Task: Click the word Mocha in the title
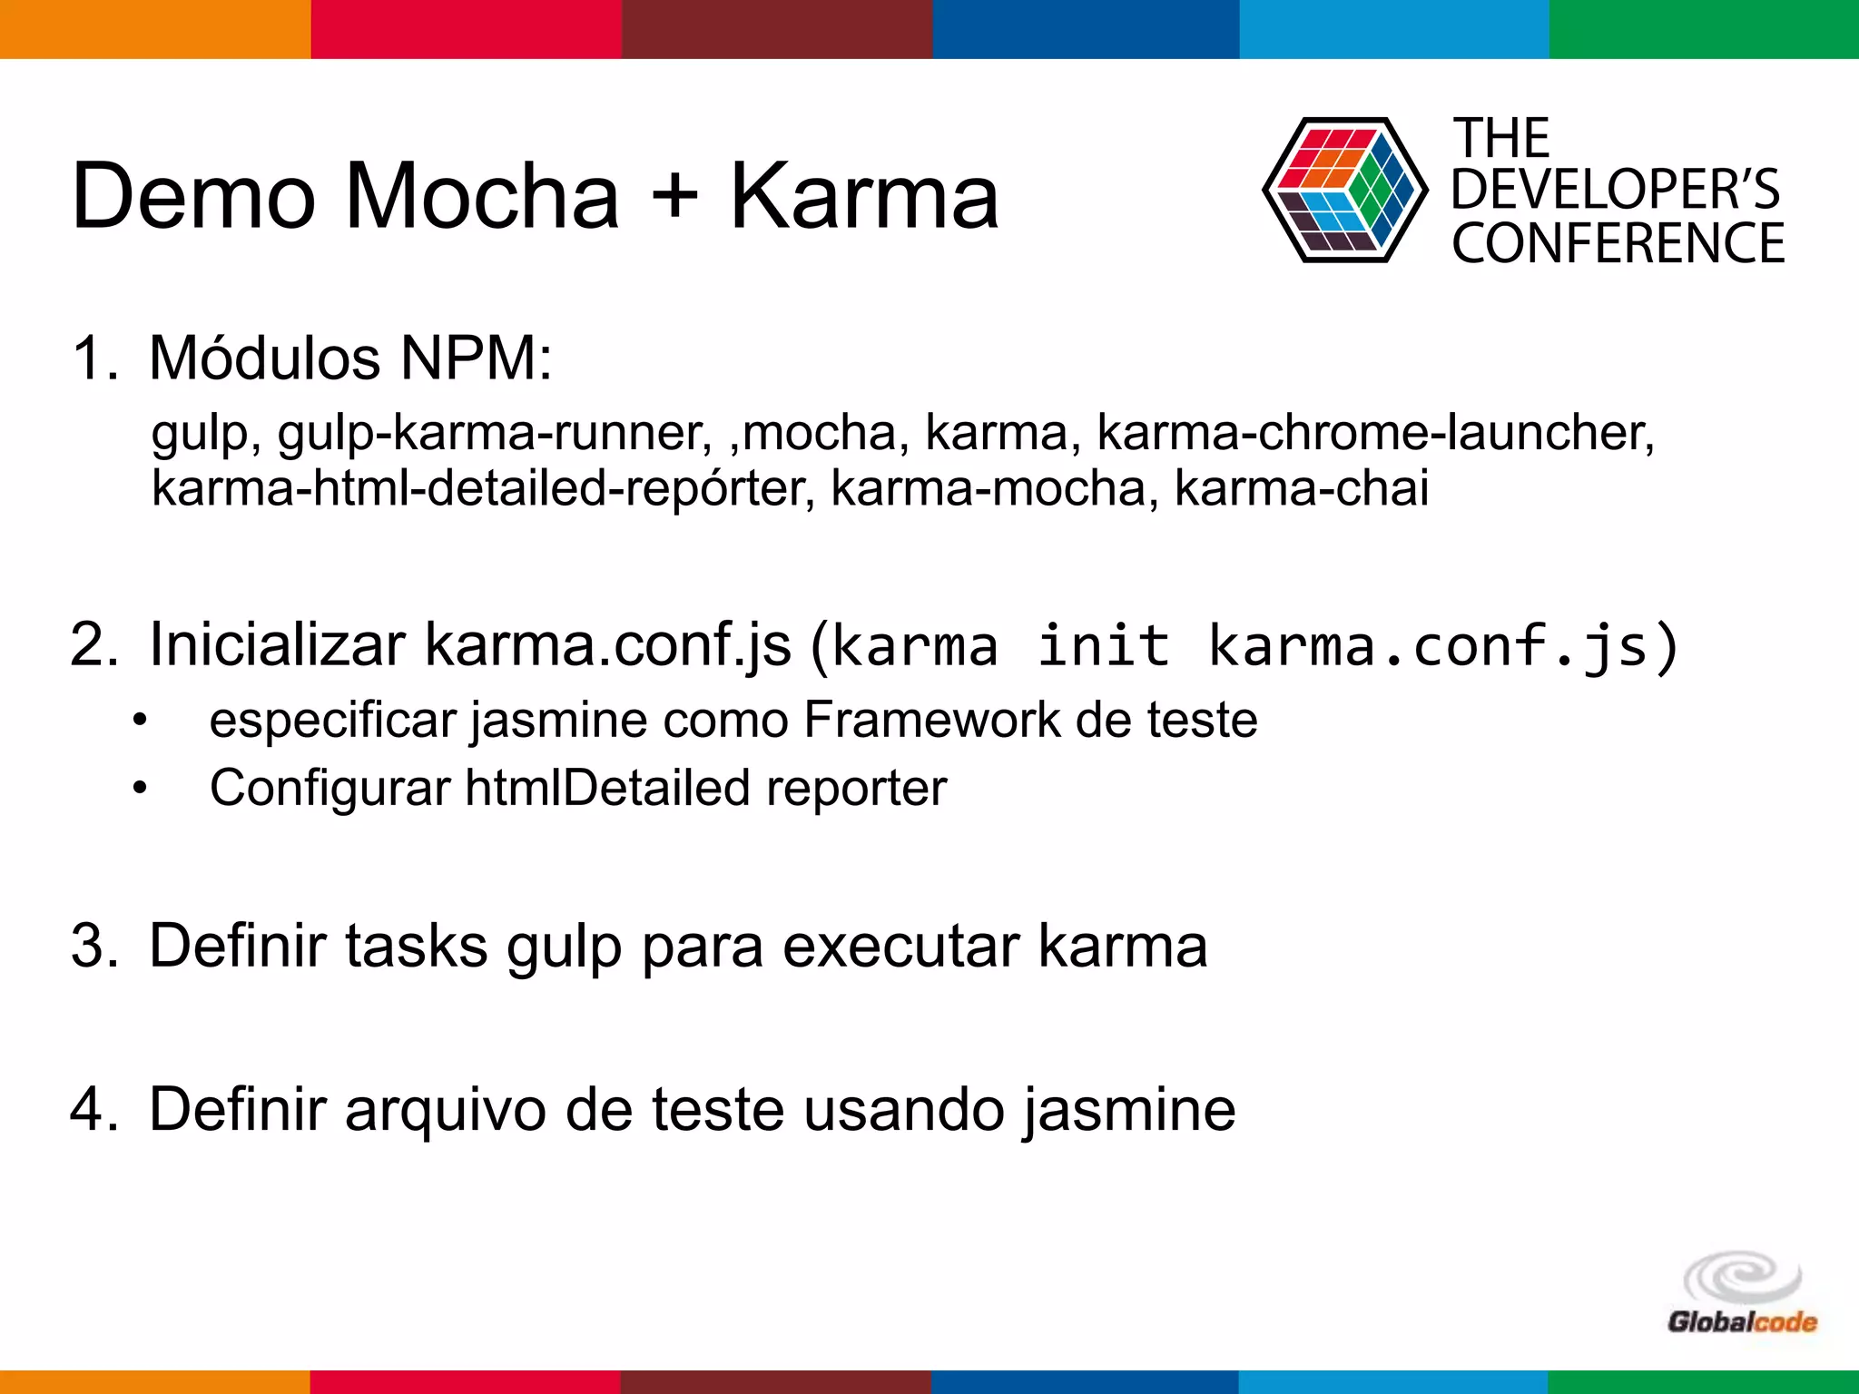(x=482, y=196)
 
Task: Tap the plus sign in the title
(x=674, y=196)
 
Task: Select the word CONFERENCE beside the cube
(x=1618, y=243)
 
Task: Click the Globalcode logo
(x=1742, y=1294)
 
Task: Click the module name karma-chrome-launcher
(x=1374, y=432)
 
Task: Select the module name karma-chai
(x=1302, y=488)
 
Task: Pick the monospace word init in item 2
(x=1103, y=646)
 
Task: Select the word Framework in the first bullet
(x=931, y=721)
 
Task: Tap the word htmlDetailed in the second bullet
(x=607, y=788)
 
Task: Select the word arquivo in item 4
(x=446, y=1109)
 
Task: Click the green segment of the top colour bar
(x=1704, y=29)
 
